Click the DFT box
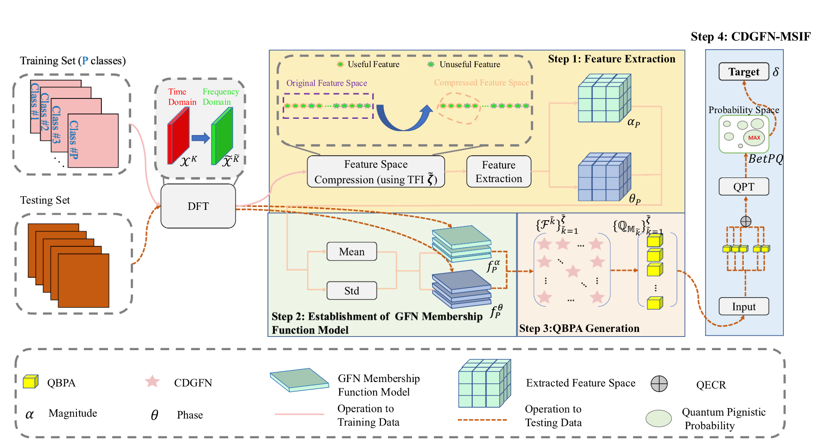(198, 206)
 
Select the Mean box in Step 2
(352, 252)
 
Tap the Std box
(352, 291)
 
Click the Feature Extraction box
(498, 172)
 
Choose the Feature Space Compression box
(376, 172)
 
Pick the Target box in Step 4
(743, 72)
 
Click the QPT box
(743, 187)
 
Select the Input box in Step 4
(743, 307)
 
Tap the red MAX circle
(754, 138)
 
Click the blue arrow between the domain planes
(201, 138)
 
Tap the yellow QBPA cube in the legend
(30, 381)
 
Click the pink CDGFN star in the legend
(152, 381)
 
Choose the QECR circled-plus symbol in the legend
(659, 384)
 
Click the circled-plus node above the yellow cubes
(745, 221)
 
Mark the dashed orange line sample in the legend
(482, 420)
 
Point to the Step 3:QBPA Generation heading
(579, 328)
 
